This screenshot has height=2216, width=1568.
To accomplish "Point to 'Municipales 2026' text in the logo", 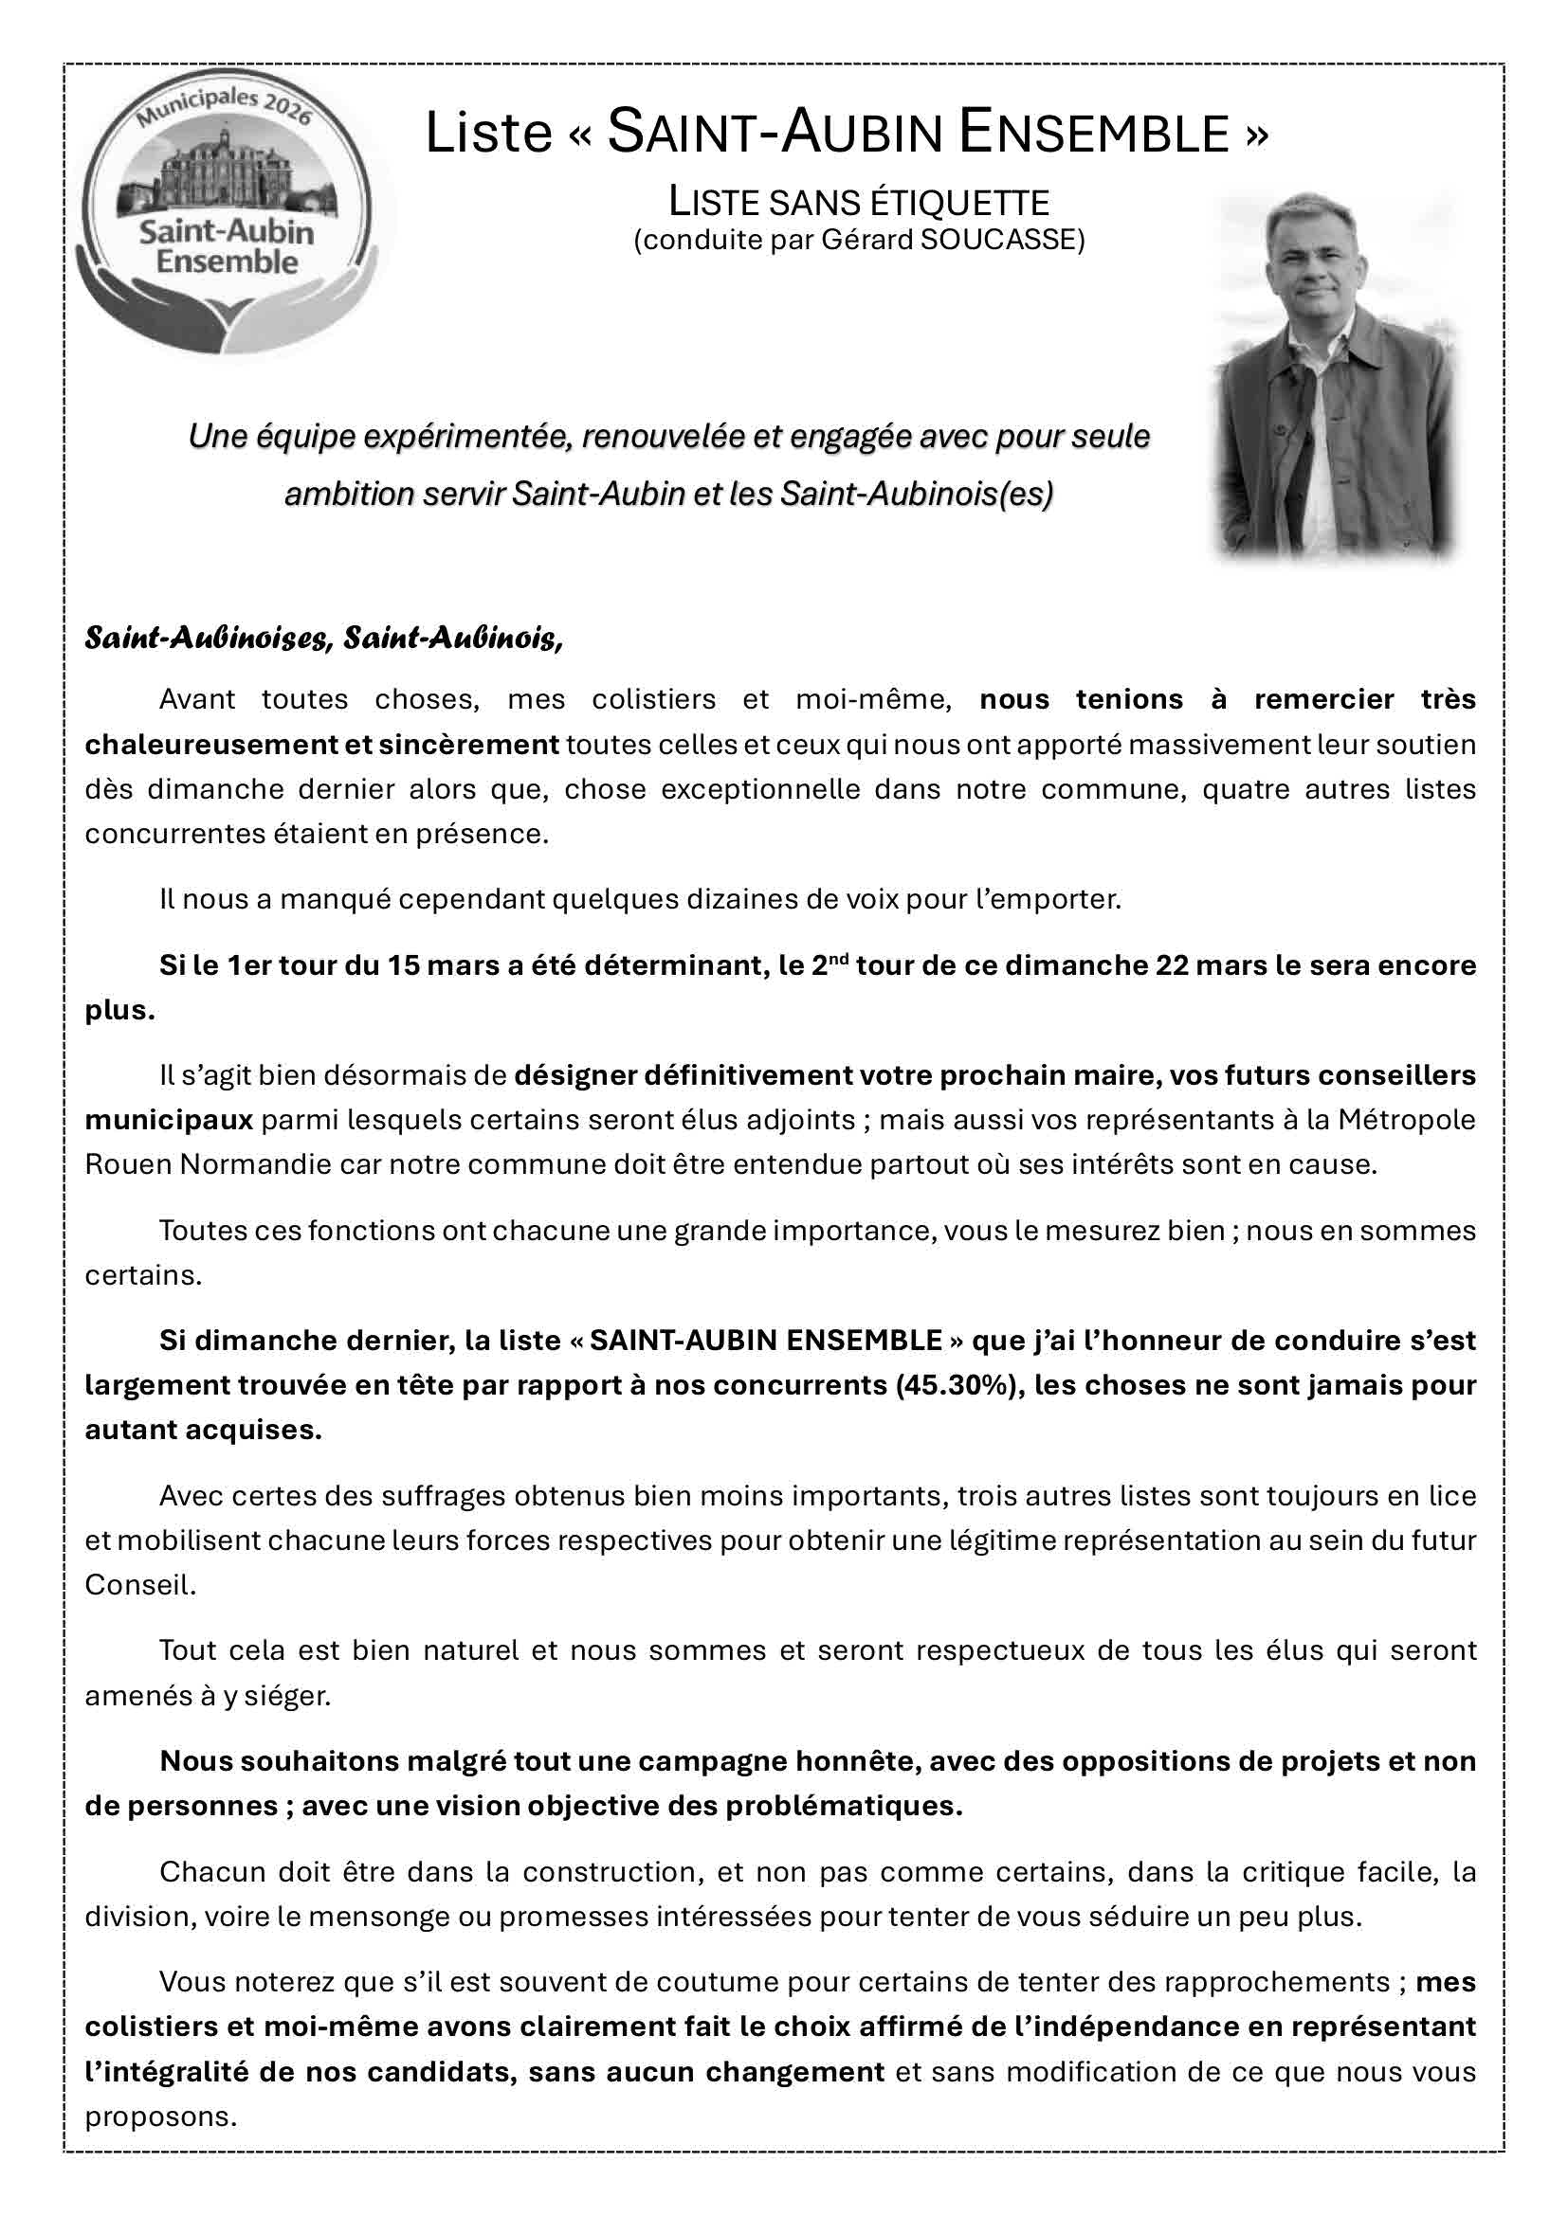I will coord(224,106).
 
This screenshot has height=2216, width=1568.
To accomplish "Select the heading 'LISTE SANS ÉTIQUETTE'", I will coord(859,203).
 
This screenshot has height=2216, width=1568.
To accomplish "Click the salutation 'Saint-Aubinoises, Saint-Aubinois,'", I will coord(323,639).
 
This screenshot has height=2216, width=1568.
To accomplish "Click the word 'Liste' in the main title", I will coord(487,134).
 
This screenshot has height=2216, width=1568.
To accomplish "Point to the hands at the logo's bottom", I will coord(227,311).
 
